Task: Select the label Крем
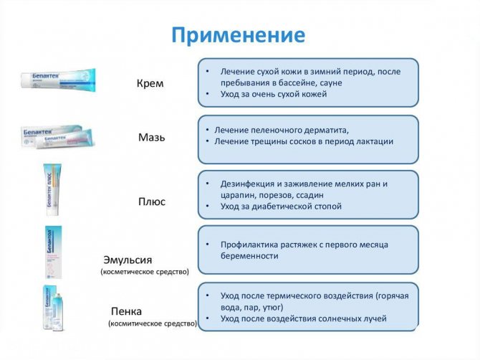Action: pos(150,83)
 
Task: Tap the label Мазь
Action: pos(151,137)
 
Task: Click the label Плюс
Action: pos(151,202)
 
